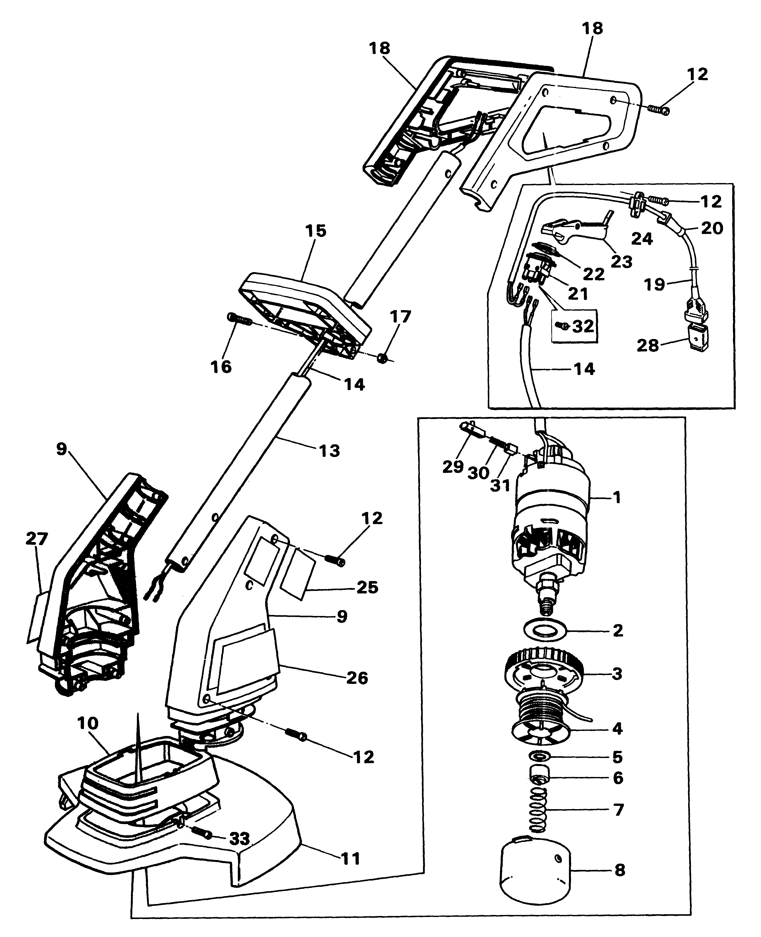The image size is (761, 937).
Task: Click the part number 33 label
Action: [x=240, y=839]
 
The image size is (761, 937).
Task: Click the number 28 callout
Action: [x=648, y=346]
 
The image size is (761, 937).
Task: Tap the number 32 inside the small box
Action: [x=583, y=326]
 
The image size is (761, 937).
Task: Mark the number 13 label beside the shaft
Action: [x=330, y=450]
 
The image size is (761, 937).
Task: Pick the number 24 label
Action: [x=642, y=239]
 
